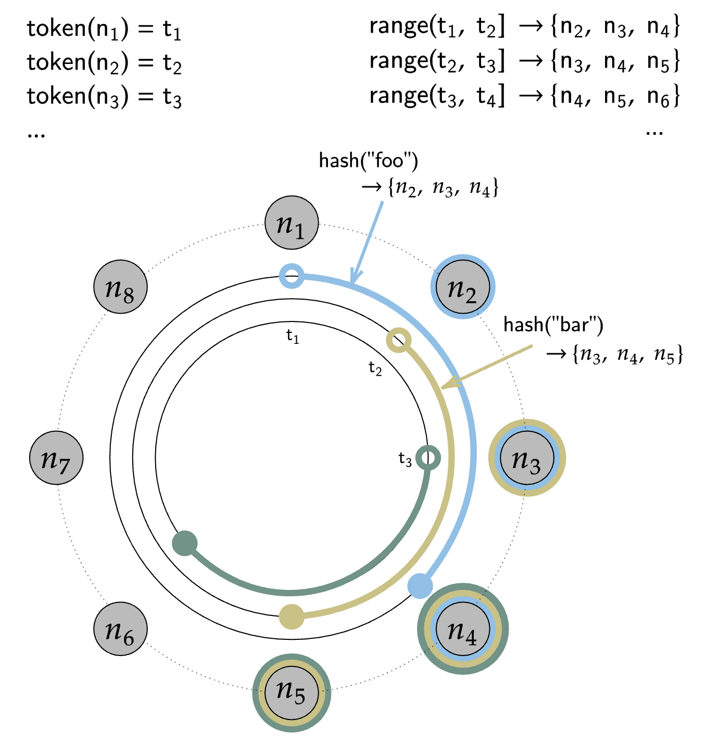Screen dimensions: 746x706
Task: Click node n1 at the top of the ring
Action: (x=292, y=223)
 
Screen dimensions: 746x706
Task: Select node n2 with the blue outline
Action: (x=462, y=287)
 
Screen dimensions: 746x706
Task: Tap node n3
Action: (x=526, y=458)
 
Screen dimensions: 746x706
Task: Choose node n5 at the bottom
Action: (x=292, y=692)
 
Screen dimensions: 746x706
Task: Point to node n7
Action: (x=56, y=458)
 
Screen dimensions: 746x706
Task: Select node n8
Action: (x=120, y=287)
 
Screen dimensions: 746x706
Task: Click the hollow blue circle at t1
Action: (x=292, y=276)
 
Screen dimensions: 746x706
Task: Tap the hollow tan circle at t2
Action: (x=399, y=341)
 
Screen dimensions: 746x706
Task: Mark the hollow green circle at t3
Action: (x=428, y=458)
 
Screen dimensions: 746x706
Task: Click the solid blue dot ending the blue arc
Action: (x=420, y=586)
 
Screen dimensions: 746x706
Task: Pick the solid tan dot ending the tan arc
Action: (x=292, y=617)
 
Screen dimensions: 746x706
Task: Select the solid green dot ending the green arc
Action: (x=185, y=544)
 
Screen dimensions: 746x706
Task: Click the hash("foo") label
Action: (x=368, y=161)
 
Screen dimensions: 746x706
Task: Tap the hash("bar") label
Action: (x=553, y=325)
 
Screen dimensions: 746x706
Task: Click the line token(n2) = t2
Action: (x=104, y=63)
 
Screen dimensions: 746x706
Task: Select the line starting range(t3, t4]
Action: (x=524, y=96)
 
